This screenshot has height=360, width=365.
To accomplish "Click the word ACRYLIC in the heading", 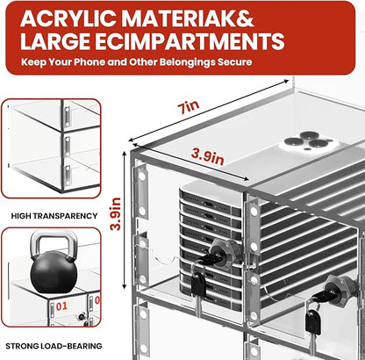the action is click(x=68, y=19).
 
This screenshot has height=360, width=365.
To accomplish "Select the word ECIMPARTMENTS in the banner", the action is click(x=190, y=41).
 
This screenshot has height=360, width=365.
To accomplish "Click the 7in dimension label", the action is click(x=189, y=107).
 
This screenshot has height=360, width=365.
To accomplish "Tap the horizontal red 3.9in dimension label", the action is click(x=208, y=156).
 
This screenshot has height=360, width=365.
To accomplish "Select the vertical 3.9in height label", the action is click(x=116, y=214).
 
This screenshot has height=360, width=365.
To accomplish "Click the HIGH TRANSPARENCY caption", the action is click(x=54, y=216).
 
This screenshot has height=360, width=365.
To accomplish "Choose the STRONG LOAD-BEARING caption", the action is click(x=54, y=346).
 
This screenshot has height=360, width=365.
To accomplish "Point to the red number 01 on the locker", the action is click(x=61, y=306).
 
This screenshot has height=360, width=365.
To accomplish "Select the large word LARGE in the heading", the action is click(x=55, y=41).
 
